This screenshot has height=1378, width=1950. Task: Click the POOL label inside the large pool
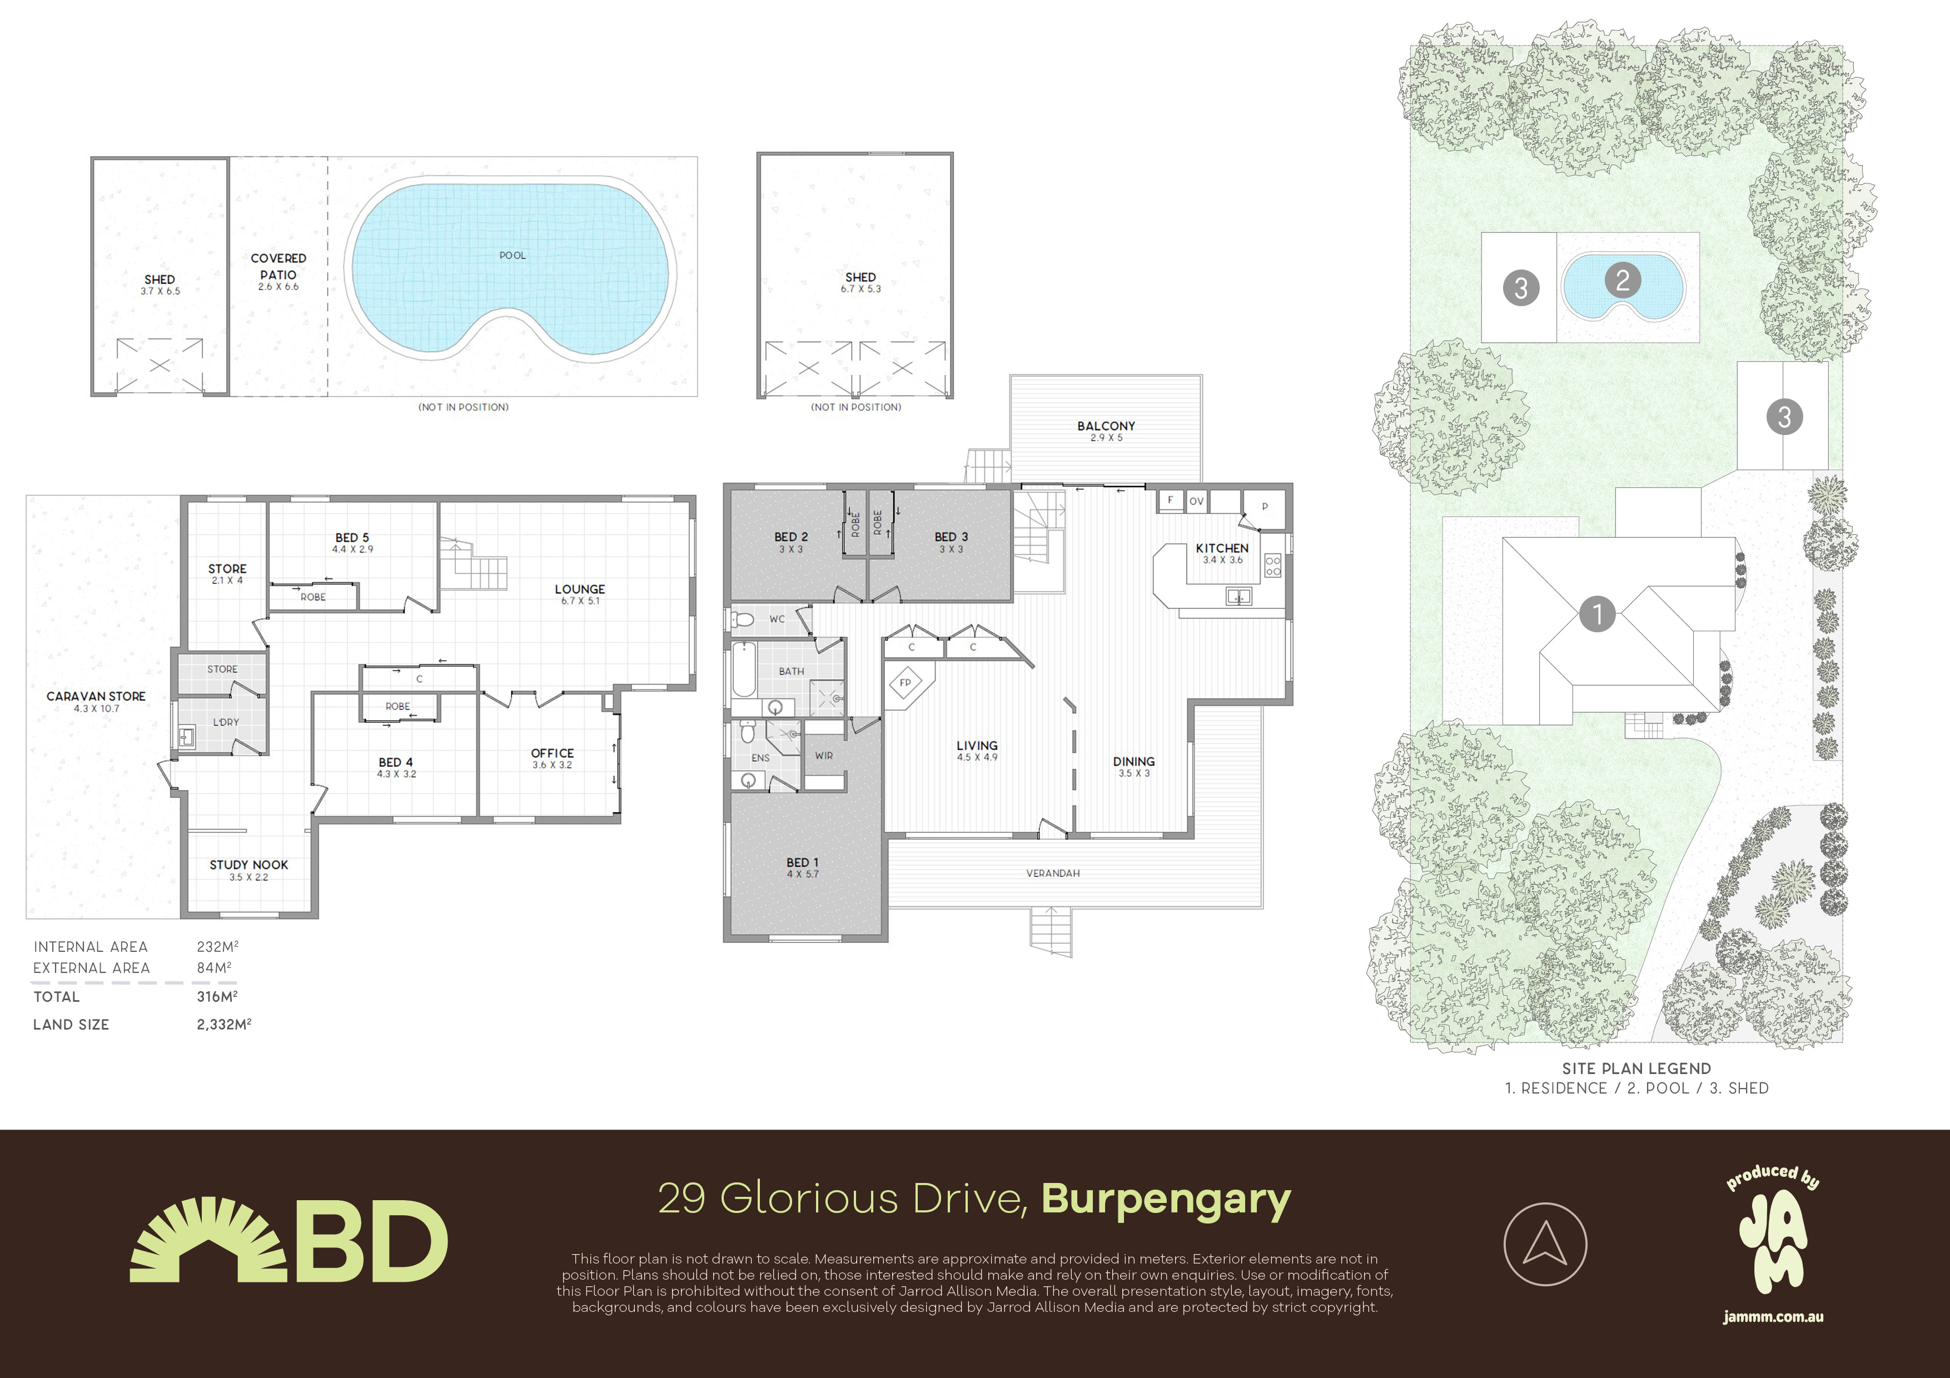[512, 256]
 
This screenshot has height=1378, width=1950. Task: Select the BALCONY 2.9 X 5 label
[1106, 431]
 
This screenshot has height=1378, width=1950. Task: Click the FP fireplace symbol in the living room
[906, 683]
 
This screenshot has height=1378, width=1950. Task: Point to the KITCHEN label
[1222, 548]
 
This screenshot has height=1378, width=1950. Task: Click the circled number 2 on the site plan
[1622, 280]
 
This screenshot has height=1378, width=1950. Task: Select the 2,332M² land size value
[223, 1024]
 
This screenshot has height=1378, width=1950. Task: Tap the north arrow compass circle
[1545, 1245]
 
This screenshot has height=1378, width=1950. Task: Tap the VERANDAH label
[1052, 873]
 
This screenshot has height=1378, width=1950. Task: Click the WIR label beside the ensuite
[823, 756]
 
